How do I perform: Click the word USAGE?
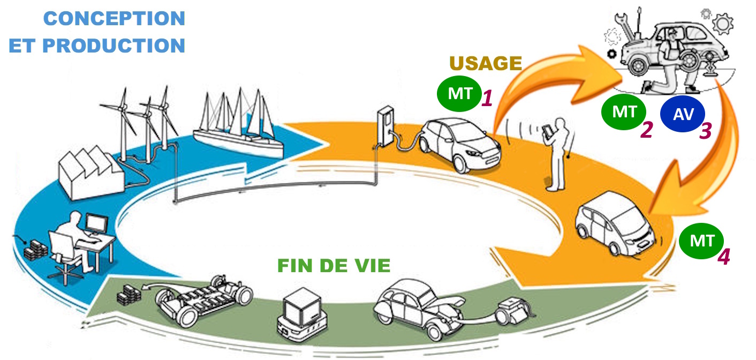tap(486, 63)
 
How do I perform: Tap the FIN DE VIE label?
tap(334, 265)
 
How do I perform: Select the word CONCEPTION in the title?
tap(114, 18)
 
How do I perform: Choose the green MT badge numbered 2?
tap(623, 112)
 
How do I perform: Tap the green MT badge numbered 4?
tap(701, 241)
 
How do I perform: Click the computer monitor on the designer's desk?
tap(97, 224)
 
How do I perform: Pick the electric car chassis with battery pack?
tap(204, 302)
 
